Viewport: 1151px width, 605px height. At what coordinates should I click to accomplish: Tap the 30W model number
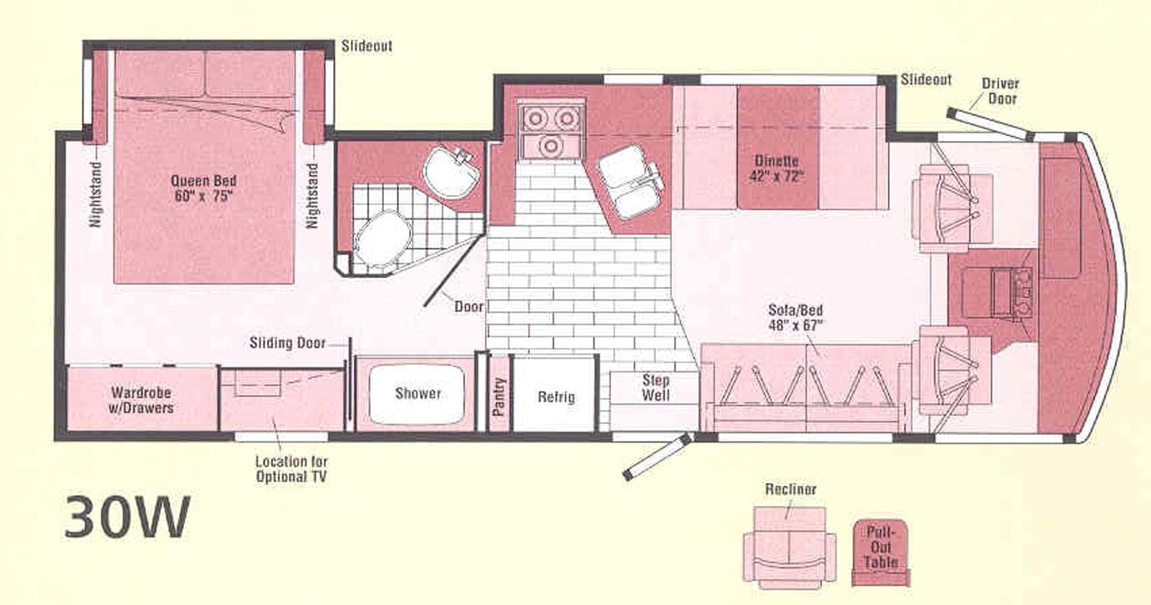click(127, 517)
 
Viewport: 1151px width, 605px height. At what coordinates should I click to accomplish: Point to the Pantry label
click(498, 396)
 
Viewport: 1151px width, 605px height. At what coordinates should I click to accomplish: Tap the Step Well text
click(656, 388)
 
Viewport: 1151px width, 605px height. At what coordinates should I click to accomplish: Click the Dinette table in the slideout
click(778, 148)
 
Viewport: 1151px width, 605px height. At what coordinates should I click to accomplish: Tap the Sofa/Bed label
click(795, 318)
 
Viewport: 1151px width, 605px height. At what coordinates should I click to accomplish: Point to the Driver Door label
click(1000, 91)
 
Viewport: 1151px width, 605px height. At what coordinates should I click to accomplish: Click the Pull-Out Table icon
click(881, 552)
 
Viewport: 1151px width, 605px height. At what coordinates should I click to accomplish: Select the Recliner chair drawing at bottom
click(790, 546)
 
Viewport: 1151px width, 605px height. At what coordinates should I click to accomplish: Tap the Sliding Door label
click(287, 343)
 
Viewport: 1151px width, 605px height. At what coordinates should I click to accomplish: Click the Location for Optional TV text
click(290, 469)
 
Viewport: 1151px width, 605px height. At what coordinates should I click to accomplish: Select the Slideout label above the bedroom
click(367, 46)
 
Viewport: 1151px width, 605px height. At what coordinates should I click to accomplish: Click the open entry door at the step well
click(659, 456)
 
